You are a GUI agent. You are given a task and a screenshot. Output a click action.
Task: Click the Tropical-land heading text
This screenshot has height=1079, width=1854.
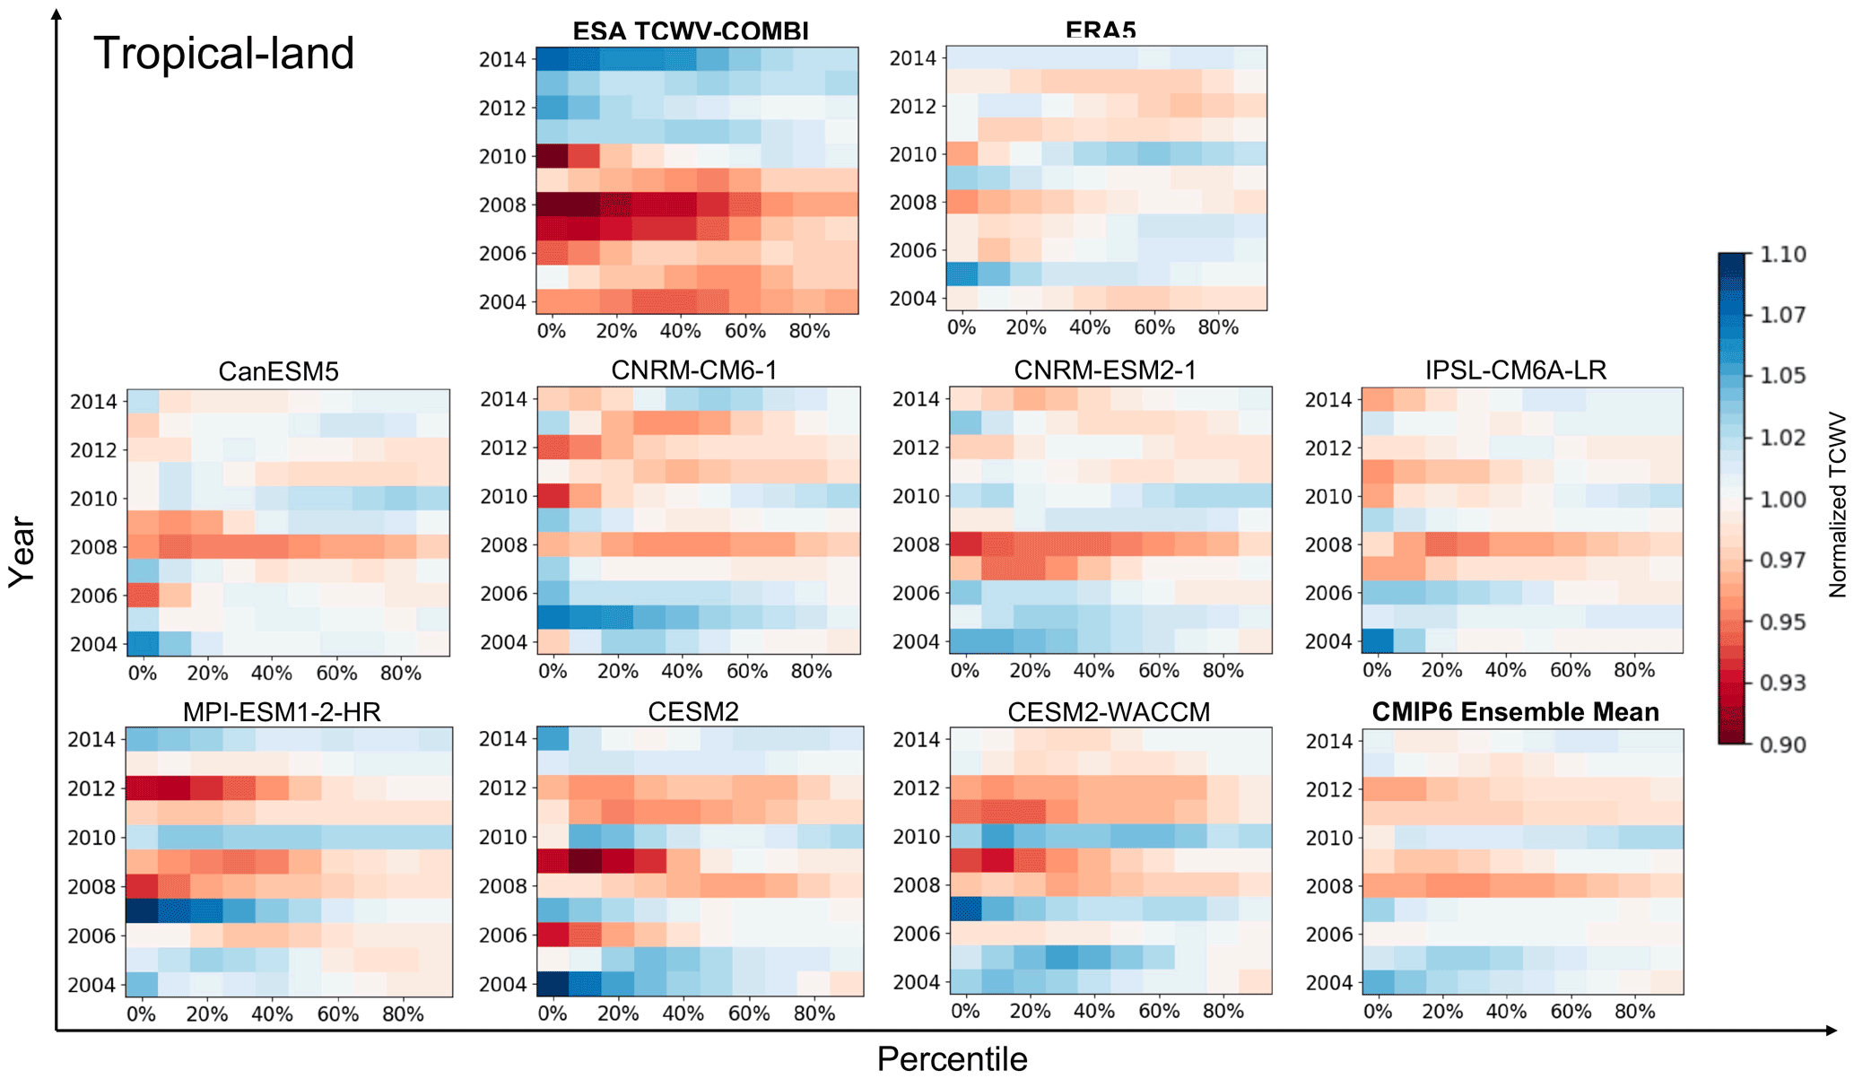[x=224, y=54]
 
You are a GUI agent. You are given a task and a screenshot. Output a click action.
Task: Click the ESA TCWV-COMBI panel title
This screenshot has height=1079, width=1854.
[x=691, y=32]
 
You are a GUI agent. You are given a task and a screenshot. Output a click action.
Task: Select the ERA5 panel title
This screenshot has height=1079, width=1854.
[x=1101, y=31]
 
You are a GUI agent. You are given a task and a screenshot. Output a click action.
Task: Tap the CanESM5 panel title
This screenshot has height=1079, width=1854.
[x=278, y=371]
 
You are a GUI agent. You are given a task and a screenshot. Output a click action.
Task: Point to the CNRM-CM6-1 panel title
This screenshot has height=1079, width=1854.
[x=693, y=370]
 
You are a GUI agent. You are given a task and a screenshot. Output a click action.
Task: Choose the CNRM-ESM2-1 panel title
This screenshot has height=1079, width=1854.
[x=1105, y=370]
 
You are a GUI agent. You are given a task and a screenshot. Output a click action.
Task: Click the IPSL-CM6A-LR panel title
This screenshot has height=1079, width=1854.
[x=1516, y=370]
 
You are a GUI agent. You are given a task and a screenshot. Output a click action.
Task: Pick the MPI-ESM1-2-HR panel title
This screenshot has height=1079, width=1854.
[x=282, y=712]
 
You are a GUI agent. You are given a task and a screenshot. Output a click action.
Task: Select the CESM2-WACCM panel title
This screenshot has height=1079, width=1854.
[x=1109, y=712]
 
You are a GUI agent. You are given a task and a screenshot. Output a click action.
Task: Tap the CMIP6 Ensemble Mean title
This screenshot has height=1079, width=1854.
[x=1515, y=712]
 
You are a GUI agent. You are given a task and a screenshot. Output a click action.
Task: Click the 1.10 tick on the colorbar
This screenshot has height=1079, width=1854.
[x=1782, y=255]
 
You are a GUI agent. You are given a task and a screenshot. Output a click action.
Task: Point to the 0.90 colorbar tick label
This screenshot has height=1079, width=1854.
[x=1782, y=744]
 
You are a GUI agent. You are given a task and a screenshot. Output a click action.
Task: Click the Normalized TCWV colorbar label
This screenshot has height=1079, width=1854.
[x=1838, y=505]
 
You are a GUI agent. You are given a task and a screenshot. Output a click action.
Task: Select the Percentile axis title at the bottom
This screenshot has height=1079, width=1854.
[x=952, y=1059]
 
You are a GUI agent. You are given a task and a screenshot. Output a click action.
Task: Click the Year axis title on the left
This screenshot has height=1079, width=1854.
[x=22, y=553]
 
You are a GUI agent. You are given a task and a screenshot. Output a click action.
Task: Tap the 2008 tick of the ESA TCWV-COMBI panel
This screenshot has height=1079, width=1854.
[x=502, y=205]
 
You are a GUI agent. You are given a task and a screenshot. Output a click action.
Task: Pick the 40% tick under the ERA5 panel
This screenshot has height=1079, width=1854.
[x=1090, y=328]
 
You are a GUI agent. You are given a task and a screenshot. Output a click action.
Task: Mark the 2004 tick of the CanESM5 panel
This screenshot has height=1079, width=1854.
[x=93, y=645]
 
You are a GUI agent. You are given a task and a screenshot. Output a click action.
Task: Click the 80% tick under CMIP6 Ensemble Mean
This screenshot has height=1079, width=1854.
[x=1634, y=1012]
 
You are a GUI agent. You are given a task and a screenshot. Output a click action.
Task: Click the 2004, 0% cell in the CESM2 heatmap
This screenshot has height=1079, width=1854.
[x=553, y=984]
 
